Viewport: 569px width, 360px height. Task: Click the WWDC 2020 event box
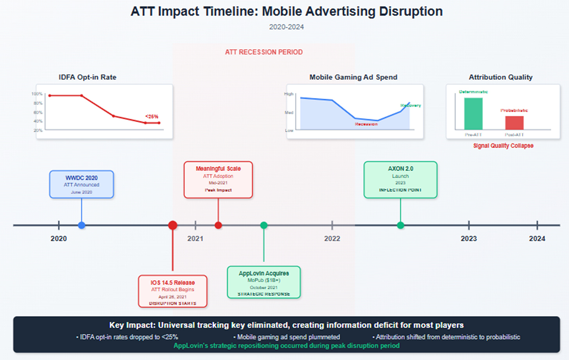pos(81,184)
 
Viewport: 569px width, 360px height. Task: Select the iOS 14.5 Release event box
pos(172,291)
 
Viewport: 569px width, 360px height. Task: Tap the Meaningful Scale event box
pos(218,180)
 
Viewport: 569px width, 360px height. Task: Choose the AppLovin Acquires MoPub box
pos(264,282)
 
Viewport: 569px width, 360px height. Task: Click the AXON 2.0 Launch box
pos(400,180)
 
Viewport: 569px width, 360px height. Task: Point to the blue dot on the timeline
pos(81,225)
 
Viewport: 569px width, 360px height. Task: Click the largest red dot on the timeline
pos(172,225)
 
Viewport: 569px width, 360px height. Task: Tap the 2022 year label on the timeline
pos(332,239)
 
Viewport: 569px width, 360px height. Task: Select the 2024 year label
pos(537,239)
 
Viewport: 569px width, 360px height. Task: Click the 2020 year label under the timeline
pos(59,239)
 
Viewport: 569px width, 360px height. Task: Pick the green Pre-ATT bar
pos(473,114)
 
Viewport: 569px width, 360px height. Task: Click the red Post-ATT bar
pos(514,123)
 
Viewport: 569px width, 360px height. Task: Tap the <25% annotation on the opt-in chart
pos(152,116)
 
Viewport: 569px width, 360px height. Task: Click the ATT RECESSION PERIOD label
pos(264,52)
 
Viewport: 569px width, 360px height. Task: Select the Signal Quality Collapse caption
pos(503,146)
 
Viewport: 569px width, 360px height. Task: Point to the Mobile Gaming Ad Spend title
pos(353,77)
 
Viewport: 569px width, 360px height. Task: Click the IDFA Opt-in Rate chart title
pos(88,77)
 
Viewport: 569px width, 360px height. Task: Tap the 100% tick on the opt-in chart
pos(37,94)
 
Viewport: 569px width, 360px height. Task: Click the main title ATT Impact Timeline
pos(286,11)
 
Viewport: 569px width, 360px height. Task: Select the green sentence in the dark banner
pos(286,346)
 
